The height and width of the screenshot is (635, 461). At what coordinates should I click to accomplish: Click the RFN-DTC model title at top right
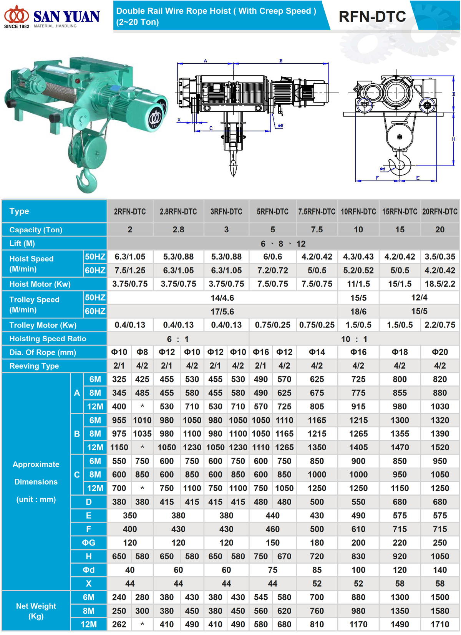click(x=372, y=17)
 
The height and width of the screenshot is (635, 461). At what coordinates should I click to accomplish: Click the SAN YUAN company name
click(x=66, y=17)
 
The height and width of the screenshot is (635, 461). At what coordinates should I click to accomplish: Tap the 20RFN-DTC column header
click(x=439, y=212)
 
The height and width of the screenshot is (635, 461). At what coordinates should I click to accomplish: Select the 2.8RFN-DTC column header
click(x=178, y=212)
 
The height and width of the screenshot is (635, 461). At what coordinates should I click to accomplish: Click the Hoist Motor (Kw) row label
click(x=40, y=284)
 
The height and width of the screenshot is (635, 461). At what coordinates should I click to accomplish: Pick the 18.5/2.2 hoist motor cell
click(x=439, y=284)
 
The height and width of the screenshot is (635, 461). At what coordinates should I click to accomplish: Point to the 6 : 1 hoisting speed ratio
click(x=178, y=339)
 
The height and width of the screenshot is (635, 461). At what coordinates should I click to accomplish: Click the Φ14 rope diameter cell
click(x=317, y=352)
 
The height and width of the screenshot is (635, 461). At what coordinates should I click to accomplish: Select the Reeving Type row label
click(x=34, y=366)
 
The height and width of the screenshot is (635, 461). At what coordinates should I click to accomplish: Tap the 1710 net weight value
click(x=439, y=624)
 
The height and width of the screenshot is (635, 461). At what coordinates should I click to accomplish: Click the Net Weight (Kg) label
click(x=36, y=611)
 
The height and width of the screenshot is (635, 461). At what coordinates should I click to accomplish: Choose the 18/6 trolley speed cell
click(x=358, y=311)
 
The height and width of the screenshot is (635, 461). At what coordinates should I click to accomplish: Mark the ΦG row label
click(x=88, y=542)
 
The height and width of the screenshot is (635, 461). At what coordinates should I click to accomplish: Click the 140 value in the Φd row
click(x=439, y=570)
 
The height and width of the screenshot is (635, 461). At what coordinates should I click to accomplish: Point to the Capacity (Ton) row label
click(x=36, y=230)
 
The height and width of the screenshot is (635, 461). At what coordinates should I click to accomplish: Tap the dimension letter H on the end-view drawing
click(x=453, y=139)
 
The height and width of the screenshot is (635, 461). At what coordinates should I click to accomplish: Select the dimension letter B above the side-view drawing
click(x=281, y=61)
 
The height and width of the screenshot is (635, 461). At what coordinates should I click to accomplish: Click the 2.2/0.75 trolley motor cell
click(x=439, y=325)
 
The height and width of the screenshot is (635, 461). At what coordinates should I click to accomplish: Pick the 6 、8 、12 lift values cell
click(x=283, y=244)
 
